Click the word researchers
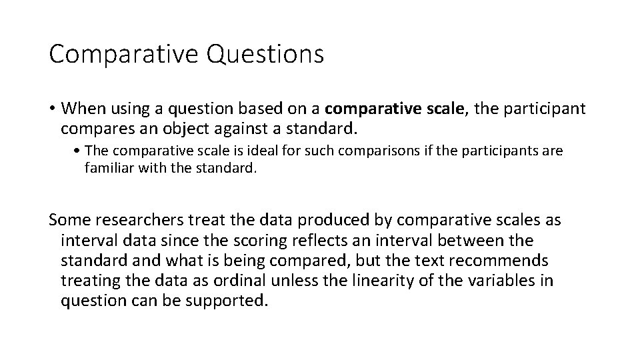point(136,220)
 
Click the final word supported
point(227,300)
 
